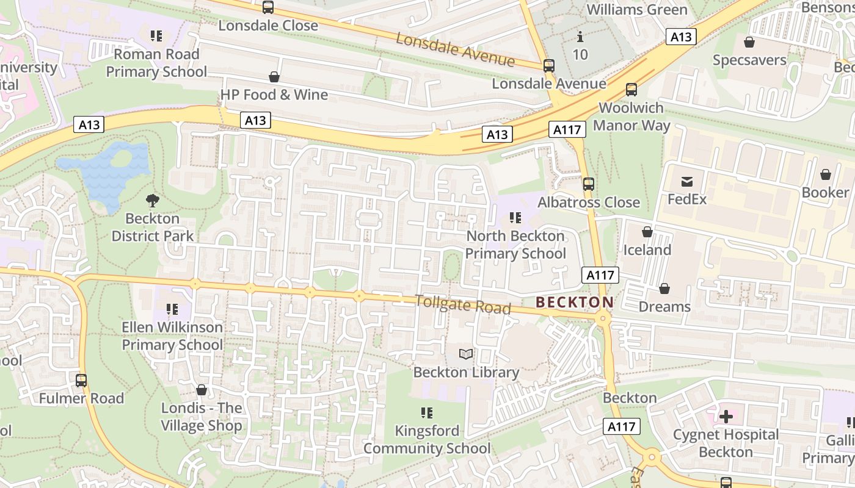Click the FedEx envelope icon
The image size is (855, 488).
[686, 181]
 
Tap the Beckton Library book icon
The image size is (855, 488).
[466, 354]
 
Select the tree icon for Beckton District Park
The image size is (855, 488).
[152, 200]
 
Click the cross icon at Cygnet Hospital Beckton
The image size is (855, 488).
[726, 417]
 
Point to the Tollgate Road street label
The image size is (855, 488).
[462, 304]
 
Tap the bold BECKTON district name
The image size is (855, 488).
[574, 302]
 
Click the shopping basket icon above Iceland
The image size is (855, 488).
[647, 232]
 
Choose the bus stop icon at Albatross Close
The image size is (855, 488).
[589, 184]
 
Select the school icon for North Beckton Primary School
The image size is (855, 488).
[515, 218]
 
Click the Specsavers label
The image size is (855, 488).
[749, 60]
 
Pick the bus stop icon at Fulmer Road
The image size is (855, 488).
[81, 381]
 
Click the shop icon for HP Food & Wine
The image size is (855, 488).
[274, 77]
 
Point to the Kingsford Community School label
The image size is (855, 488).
[427, 440]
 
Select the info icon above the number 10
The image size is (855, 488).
[580, 37]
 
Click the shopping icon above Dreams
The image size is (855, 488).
[664, 289]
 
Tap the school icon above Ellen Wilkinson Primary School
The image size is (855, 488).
[172, 309]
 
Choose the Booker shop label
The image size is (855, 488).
[825, 193]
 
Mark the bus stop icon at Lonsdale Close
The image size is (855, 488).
[268, 7]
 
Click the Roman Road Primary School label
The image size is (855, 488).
[156, 63]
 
